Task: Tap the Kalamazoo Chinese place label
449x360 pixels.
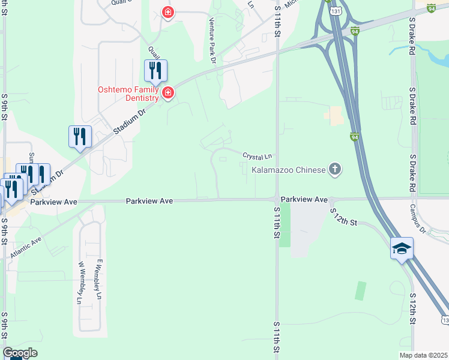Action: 287,170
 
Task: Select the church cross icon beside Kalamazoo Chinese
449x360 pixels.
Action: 335,170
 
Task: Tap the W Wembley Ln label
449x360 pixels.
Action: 80,283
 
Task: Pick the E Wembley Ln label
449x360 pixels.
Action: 99,279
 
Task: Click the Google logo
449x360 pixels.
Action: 20,353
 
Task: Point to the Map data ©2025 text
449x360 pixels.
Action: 423,355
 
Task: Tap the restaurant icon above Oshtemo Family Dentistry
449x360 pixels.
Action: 155,71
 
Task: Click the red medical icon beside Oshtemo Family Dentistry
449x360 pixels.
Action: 168,92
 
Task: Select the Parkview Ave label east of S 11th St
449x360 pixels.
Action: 304,199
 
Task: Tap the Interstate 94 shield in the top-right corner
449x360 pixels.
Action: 432,8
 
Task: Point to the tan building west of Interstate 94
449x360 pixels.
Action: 335,116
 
